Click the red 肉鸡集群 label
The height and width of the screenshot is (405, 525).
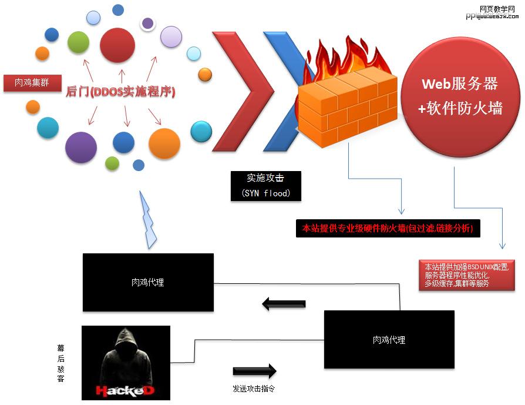(32, 83)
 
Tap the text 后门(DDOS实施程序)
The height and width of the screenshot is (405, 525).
(121, 92)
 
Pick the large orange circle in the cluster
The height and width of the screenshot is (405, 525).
(164, 144)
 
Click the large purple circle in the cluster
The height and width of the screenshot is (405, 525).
(80, 147)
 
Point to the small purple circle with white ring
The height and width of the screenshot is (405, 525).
(148, 24)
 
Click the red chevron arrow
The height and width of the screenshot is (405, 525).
(241, 91)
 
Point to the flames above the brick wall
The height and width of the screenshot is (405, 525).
(346, 56)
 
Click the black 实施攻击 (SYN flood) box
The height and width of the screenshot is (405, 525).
(265, 185)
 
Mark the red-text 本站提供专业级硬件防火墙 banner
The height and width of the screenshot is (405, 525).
(388, 228)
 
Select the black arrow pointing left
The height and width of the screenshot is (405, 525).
(284, 304)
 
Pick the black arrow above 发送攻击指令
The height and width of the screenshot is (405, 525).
(254, 371)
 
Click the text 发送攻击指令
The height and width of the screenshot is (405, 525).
(254, 389)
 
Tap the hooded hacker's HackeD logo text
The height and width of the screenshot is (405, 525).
(125, 390)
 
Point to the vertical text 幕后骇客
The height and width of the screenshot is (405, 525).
(60, 363)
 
